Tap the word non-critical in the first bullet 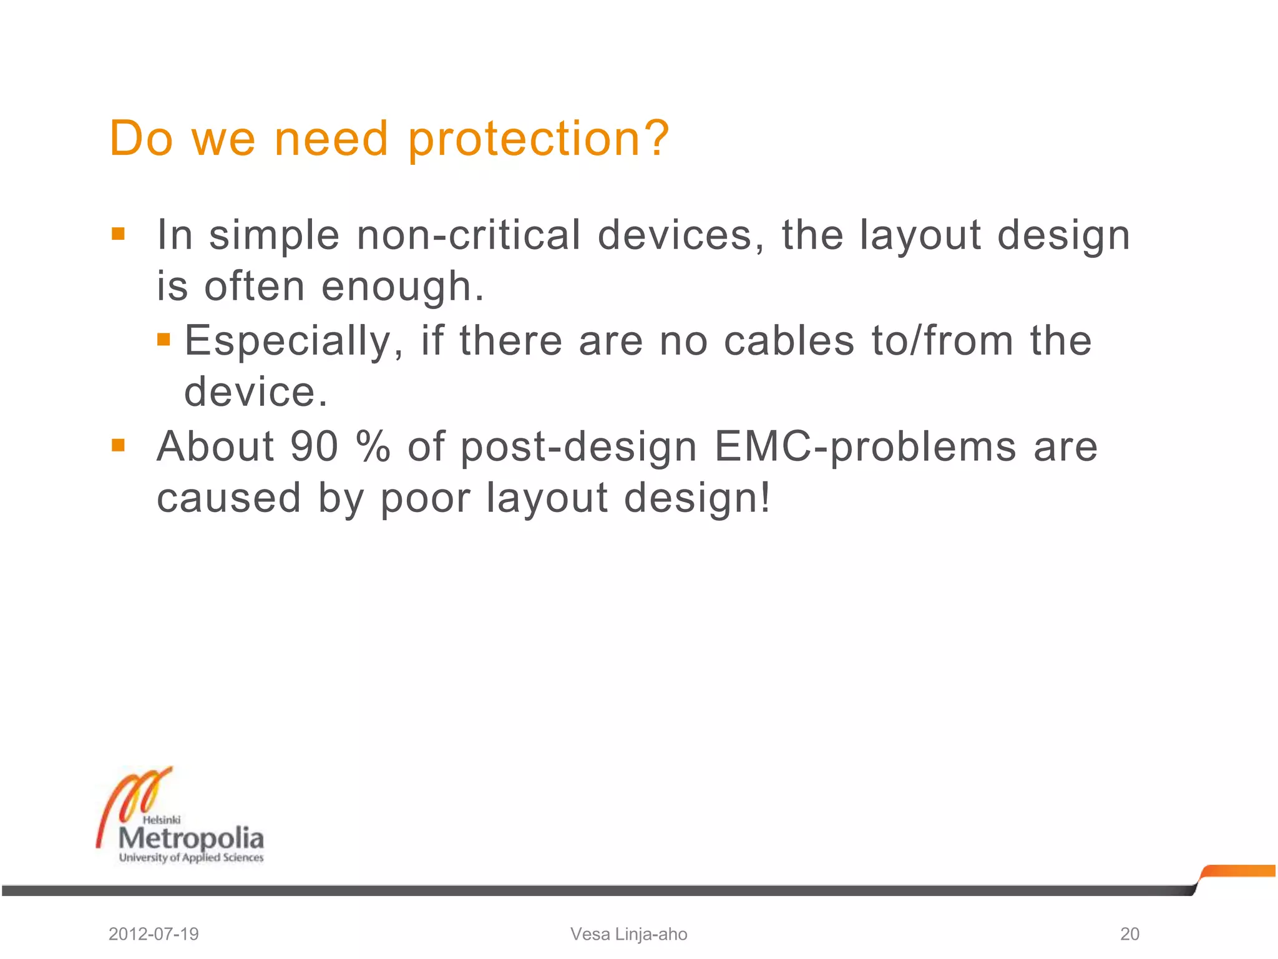468,235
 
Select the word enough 402,287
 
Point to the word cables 789,341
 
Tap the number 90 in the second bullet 314,446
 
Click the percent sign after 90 373,446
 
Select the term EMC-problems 865,447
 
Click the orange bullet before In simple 118,234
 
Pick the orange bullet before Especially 163,339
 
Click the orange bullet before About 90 118,445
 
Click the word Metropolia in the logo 191,839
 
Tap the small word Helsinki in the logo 162,820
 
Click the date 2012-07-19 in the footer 154,934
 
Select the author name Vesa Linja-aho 628,934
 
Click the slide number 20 1129,934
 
